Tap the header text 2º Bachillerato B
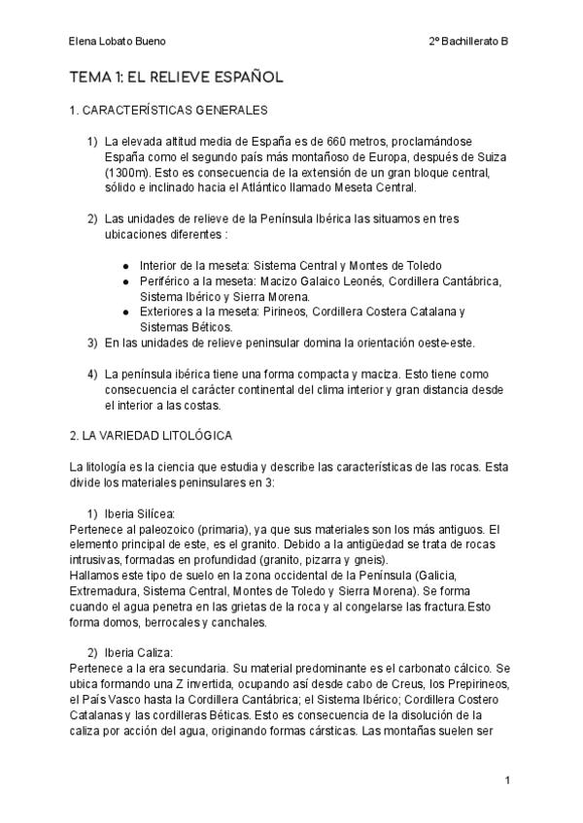coord(468,43)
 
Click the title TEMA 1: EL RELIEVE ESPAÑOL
coord(176,77)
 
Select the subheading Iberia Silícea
coord(145,513)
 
